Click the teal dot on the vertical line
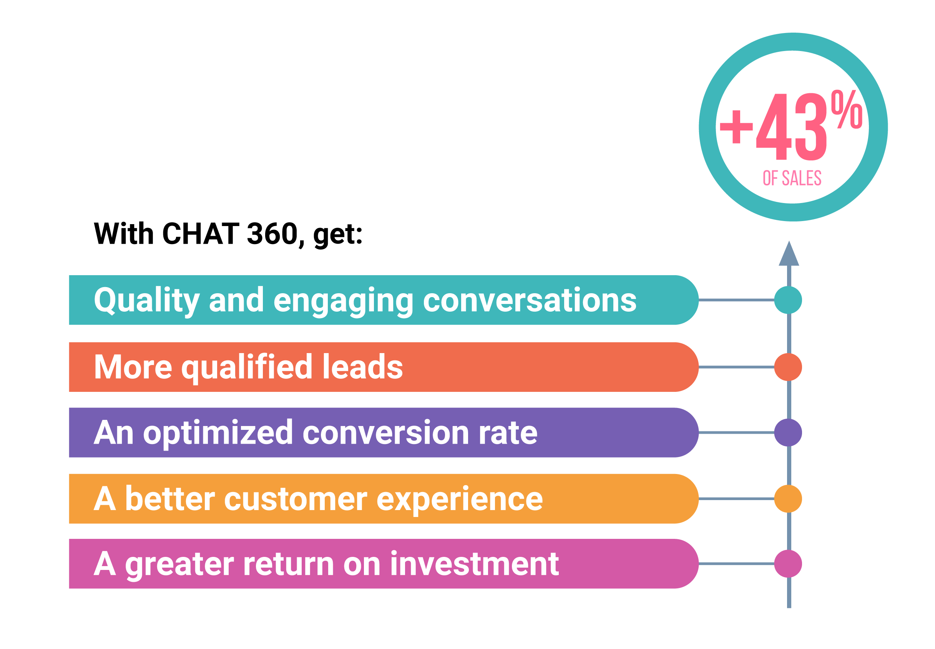tap(788, 300)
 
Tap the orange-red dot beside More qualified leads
tap(788, 367)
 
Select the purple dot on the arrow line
tap(788, 432)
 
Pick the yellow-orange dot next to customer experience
tap(788, 499)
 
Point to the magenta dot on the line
tap(788, 563)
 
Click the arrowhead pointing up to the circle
tap(789, 255)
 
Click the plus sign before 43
tap(736, 127)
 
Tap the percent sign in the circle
tap(846, 109)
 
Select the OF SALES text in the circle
tap(792, 178)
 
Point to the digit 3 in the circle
tap(810, 127)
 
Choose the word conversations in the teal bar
tap(530, 300)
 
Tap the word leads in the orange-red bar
tap(362, 367)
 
